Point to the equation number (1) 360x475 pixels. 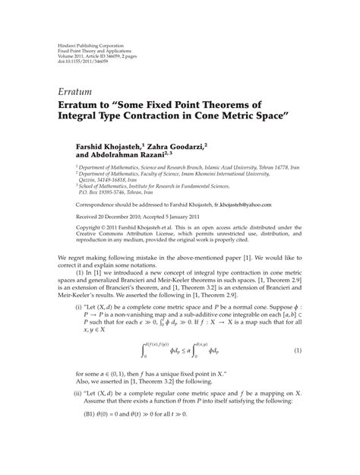tap(298, 330)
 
